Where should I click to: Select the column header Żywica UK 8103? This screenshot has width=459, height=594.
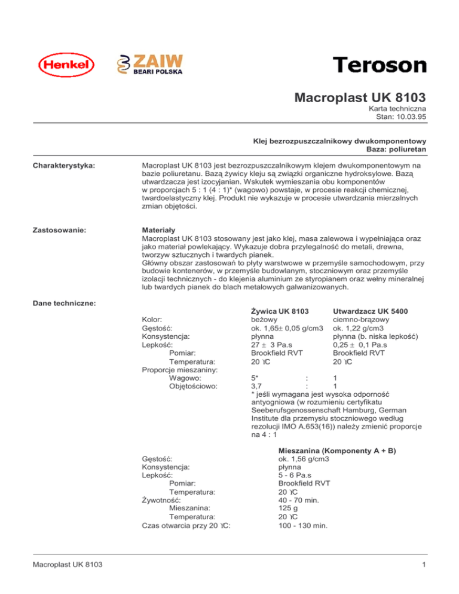coord(279,311)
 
